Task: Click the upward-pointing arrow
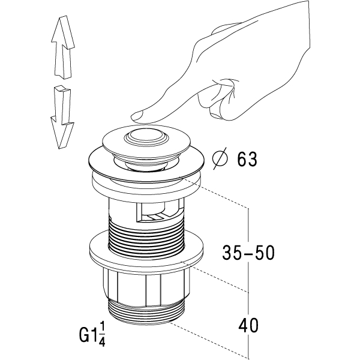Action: pos(62,51)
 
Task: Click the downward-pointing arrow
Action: pos(62,118)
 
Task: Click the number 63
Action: pos(246,159)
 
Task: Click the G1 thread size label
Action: pos(89,333)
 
